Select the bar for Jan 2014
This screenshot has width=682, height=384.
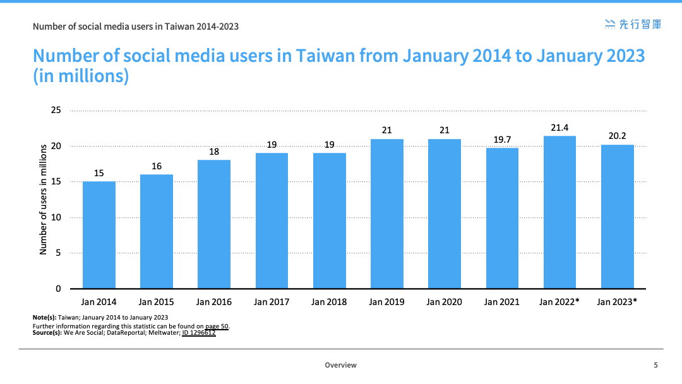click(x=99, y=235)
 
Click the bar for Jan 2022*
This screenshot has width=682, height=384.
click(x=559, y=212)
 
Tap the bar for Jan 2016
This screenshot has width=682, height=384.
click(x=214, y=224)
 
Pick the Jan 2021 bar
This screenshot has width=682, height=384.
click(x=503, y=218)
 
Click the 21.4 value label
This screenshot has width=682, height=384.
click(x=559, y=128)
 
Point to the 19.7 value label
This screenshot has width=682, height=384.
click(x=502, y=140)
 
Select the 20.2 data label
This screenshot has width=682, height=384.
click(x=617, y=136)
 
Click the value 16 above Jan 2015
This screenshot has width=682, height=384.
click(x=157, y=166)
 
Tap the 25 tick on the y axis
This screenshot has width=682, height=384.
click(x=56, y=110)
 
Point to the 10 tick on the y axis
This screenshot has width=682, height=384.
click(x=56, y=217)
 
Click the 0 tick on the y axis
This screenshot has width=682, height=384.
click(x=58, y=289)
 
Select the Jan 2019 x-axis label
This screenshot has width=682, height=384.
click(x=386, y=302)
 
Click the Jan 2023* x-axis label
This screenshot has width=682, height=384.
click(x=617, y=302)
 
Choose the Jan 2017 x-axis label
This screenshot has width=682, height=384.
click(x=272, y=302)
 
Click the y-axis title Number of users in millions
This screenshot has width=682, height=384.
click(x=43, y=200)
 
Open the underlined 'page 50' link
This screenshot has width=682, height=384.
click(x=217, y=326)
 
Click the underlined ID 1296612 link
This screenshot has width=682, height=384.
click(x=199, y=333)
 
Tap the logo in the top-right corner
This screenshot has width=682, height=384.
click(x=633, y=25)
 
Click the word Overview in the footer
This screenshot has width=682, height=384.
click(x=340, y=365)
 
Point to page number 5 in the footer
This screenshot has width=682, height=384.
click(x=656, y=365)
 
